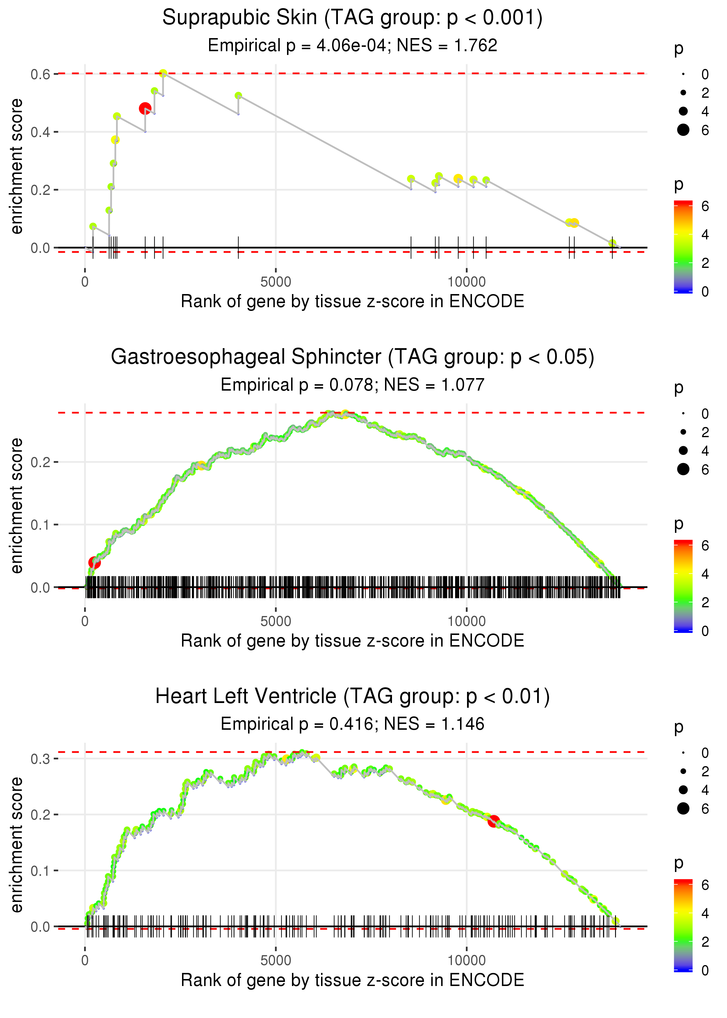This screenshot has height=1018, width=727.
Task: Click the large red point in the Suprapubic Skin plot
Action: pyautogui.click(x=145, y=108)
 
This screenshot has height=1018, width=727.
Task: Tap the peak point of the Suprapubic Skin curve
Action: pyautogui.click(x=163, y=73)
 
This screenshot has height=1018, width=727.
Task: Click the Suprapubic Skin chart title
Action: pyautogui.click(x=352, y=18)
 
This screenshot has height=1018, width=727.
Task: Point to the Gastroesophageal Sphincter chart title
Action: pyautogui.click(x=352, y=357)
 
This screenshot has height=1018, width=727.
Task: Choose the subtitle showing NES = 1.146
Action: pyautogui.click(x=352, y=724)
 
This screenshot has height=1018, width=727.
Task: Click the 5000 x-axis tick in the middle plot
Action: pyautogui.click(x=276, y=621)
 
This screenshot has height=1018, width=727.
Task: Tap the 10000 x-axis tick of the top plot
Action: pyautogui.click(x=466, y=282)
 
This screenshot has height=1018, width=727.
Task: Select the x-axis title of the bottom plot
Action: pyautogui.click(x=352, y=980)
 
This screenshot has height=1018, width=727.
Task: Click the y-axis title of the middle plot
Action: pyautogui.click(x=17, y=506)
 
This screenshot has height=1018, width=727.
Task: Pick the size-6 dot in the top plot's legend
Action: pyautogui.click(x=683, y=130)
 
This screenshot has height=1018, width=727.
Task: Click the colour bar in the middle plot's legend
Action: pyautogui.click(x=683, y=586)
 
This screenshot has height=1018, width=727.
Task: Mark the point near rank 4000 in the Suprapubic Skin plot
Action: pyautogui.click(x=238, y=96)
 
